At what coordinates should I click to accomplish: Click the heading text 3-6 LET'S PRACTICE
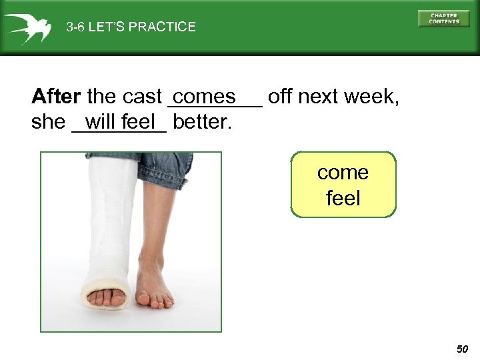click(131, 27)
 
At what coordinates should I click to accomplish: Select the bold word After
click(56, 97)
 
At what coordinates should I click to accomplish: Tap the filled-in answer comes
click(208, 97)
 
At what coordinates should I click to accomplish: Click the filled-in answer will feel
click(120, 122)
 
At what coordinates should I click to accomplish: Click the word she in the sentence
click(48, 123)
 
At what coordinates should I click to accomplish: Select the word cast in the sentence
click(142, 97)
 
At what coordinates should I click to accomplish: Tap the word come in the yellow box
click(343, 173)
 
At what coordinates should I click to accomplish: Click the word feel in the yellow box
click(343, 198)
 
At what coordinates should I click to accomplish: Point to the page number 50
click(462, 349)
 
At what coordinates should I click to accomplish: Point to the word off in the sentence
click(280, 97)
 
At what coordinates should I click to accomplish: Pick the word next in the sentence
click(316, 97)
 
